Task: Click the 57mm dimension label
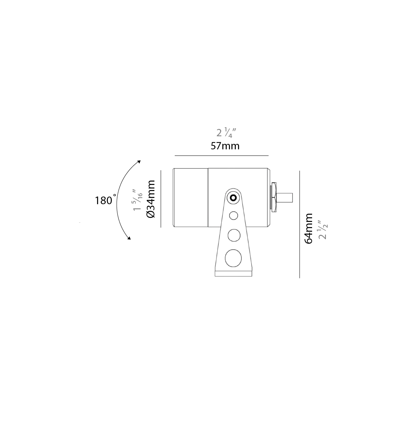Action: click(x=225, y=146)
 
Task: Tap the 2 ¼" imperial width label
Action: click(x=226, y=132)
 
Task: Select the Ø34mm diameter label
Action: click(x=151, y=199)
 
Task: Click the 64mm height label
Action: click(x=308, y=229)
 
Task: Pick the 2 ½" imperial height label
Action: click(x=323, y=230)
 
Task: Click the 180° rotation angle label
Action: click(x=105, y=200)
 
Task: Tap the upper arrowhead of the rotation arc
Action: click(x=139, y=162)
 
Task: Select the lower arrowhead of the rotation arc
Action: click(x=129, y=238)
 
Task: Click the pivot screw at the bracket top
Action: click(x=233, y=198)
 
